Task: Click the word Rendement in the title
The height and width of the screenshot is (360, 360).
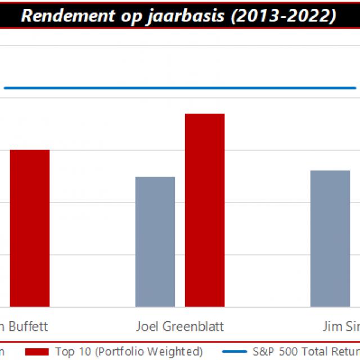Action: [x=62, y=15]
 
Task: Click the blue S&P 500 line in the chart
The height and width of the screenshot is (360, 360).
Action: [x=180, y=88]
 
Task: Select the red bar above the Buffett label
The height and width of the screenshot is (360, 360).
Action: [x=30, y=228]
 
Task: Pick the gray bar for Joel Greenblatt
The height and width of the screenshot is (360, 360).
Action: [x=155, y=242]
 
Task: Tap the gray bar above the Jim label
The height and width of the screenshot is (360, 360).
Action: [x=330, y=238]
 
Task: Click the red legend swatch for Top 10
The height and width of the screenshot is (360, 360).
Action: [x=37, y=352]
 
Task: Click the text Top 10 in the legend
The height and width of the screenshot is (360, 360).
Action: [x=71, y=352]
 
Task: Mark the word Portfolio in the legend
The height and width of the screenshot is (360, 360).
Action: [x=115, y=352]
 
